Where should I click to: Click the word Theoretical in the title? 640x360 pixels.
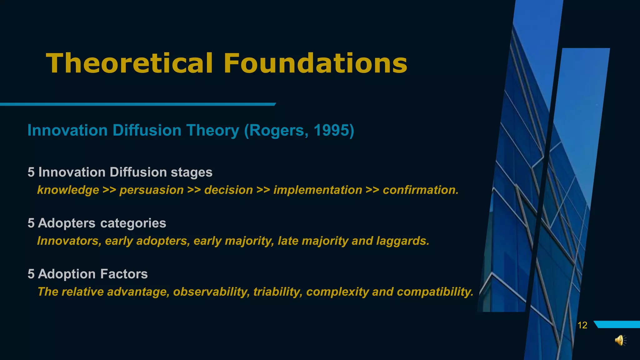coord(129,63)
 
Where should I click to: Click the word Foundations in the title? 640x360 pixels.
coord(315,63)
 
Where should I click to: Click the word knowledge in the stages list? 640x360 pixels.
coord(68,190)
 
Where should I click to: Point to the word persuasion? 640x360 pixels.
coord(152,190)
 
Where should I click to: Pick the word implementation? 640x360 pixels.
coord(318,190)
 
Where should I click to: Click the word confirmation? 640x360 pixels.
coord(420,190)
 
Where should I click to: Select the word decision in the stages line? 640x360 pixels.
coord(228,190)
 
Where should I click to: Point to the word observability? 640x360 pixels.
coord(211,292)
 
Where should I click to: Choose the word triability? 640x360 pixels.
coord(277,292)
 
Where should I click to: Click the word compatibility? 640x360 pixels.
coord(435,292)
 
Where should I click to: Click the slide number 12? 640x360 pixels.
coord(582,325)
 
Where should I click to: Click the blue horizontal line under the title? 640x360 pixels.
coord(137,104)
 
